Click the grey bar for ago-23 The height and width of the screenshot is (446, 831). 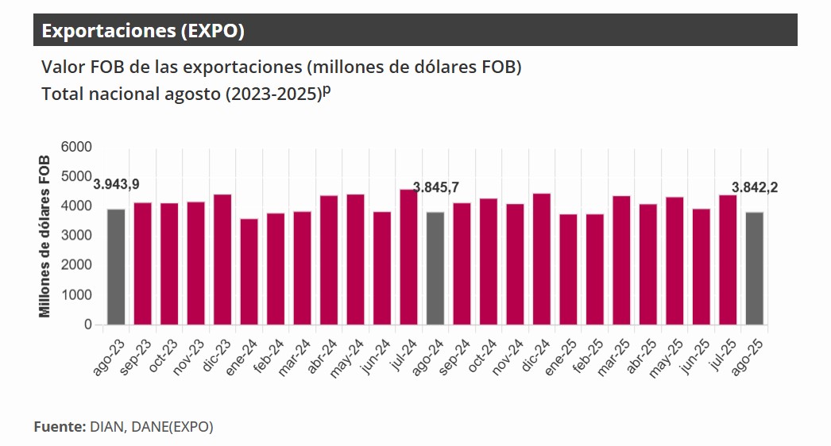(116, 267)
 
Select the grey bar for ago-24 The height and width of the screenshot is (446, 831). (435, 268)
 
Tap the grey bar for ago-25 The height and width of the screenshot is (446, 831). (754, 268)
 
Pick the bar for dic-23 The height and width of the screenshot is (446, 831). (222, 260)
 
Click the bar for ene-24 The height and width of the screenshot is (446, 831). (249, 271)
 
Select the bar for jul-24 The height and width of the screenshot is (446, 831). (408, 257)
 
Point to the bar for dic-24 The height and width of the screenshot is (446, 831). (541, 260)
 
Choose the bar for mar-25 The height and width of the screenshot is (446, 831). (621, 260)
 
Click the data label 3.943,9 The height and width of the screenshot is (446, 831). (117, 185)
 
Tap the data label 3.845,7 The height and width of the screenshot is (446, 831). (435, 187)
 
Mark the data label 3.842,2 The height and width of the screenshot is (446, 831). (754, 187)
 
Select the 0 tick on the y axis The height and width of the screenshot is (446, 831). (87, 325)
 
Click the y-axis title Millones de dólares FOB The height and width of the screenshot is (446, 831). (45, 236)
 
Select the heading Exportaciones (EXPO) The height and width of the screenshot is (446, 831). (143, 31)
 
